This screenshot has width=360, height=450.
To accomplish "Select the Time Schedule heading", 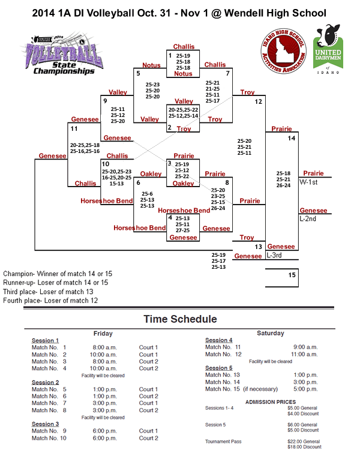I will (x=180, y=319).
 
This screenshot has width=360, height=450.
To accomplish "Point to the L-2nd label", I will (x=308, y=218).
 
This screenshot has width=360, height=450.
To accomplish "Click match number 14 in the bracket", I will (x=292, y=138).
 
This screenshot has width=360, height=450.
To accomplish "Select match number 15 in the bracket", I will (x=292, y=275).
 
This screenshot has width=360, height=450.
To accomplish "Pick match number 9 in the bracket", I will (x=105, y=101).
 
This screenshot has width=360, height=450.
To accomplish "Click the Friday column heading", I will (x=103, y=333).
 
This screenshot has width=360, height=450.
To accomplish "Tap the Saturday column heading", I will (x=270, y=333).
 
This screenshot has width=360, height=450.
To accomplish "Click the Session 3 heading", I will (x=45, y=424).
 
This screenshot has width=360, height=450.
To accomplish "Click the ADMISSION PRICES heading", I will (x=271, y=402).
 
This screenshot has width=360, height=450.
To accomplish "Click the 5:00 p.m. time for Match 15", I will (x=304, y=389).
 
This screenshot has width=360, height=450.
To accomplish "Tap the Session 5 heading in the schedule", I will (x=218, y=368).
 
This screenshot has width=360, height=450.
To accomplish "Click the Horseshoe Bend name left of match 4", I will (x=140, y=228).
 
